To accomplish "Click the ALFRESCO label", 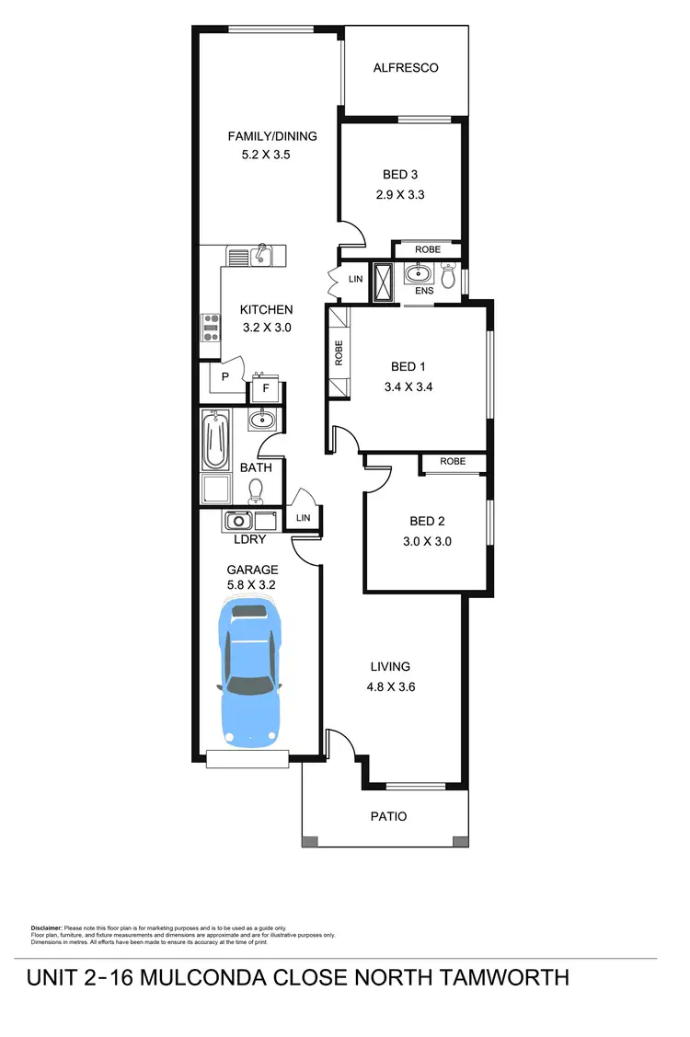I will tap(405, 67).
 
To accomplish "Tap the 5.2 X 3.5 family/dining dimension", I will tap(266, 156).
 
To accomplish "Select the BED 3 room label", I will tap(400, 174).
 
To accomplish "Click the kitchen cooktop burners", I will tap(211, 328).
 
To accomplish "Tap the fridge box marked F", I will tap(266, 388).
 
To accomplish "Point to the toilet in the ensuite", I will tap(448, 275).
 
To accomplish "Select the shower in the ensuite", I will tap(381, 282).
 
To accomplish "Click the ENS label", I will tap(423, 292).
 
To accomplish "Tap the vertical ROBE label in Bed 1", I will tap(339, 354).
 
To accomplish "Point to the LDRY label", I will tap(249, 539).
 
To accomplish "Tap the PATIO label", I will tap(388, 816).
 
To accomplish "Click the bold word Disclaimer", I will tap(45, 928).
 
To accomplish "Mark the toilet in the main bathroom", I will tap(257, 491).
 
